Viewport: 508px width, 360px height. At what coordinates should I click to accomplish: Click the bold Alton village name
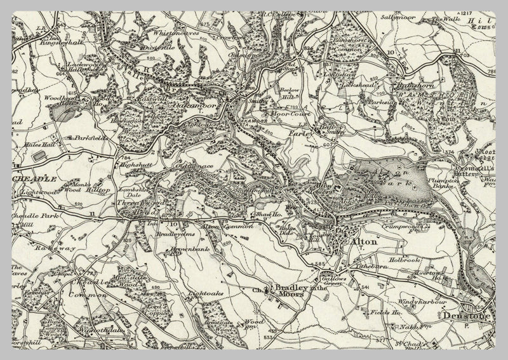pyautogui.click(x=360, y=243)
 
